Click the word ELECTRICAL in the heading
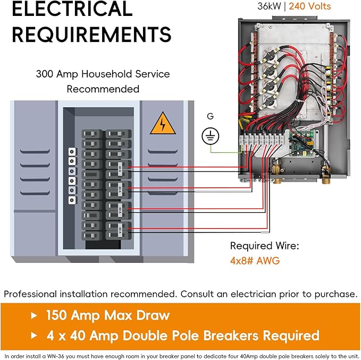click(72, 9)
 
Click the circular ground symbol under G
click(211, 136)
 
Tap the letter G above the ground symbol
click(211, 116)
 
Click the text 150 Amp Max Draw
click(107, 315)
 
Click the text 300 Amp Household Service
click(103, 74)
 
